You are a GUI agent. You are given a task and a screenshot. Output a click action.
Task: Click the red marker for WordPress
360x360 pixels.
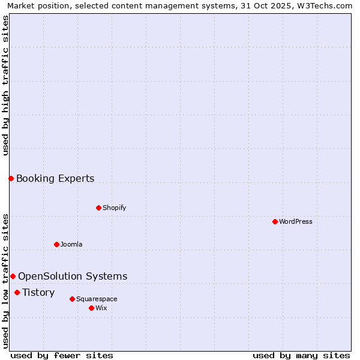(275, 221)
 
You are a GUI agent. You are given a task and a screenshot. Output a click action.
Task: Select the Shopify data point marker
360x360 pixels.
(98, 208)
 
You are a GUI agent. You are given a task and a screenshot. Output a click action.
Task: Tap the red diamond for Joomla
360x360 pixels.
(56, 244)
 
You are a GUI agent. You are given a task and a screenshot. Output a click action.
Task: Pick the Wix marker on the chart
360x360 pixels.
(91, 308)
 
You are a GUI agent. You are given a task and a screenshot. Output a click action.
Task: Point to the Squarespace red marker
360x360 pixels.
(72, 299)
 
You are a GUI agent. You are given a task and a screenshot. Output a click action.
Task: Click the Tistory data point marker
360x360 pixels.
(17, 292)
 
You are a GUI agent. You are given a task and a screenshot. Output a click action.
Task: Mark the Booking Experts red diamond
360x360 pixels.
(11, 178)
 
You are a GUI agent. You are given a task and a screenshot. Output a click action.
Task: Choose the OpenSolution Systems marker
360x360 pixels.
(13, 276)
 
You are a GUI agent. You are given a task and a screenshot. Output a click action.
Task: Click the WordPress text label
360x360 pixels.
(296, 221)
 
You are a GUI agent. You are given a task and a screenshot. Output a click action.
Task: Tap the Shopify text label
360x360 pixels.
(115, 208)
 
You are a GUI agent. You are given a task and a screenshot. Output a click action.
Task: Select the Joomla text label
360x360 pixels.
(71, 244)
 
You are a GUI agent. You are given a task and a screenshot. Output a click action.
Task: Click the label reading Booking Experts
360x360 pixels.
(55, 178)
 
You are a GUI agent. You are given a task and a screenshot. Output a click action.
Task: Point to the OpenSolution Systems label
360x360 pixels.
(73, 276)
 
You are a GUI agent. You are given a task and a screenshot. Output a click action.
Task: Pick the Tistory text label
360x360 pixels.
(38, 292)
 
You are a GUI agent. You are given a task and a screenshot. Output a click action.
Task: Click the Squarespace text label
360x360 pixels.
(97, 299)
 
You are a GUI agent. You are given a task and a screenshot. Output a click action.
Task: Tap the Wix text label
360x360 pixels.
(101, 308)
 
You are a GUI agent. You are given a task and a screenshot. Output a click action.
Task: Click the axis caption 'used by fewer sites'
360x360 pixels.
(62, 355)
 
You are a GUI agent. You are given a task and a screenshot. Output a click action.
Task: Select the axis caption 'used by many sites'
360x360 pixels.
(301, 355)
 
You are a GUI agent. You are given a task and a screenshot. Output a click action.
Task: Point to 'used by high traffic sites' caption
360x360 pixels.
(6, 85)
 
